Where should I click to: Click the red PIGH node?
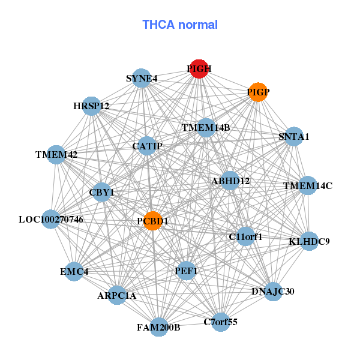pyautogui.click(x=199, y=69)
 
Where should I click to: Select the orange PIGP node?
pyautogui.click(x=257, y=92)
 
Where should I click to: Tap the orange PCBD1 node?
pyautogui.click(x=152, y=221)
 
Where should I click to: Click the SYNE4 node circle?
pyautogui.click(x=141, y=78)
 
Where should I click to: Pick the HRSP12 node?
pyautogui.click(x=91, y=106)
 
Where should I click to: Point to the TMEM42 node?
pyautogui.click(x=56, y=154)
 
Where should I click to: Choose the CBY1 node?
pyautogui.click(x=101, y=192)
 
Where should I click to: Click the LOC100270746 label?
pyautogui.click(x=51, y=220)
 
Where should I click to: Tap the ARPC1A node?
pyautogui.click(x=117, y=295)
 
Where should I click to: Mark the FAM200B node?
pyautogui.click(x=158, y=327)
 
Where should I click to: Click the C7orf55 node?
pyautogui.click(x=221, y=322)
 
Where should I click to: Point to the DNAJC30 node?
pyautogui.click(x=273, y=292)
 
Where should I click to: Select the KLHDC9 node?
pyautogui.click(x=309, y=241)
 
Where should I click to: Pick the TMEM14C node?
pyautogui.click(x=307, y=185)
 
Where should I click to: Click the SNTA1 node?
pyautogui.click(x=293, y=136)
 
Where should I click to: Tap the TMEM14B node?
pyautogui.click(x=206, y=127)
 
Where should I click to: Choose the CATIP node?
pyautogui.click(x=147, y=146)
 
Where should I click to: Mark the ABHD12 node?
pyautogui.click(x=230, y=180)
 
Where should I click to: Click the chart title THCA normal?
pyautogui.click(x=180, y=25)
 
